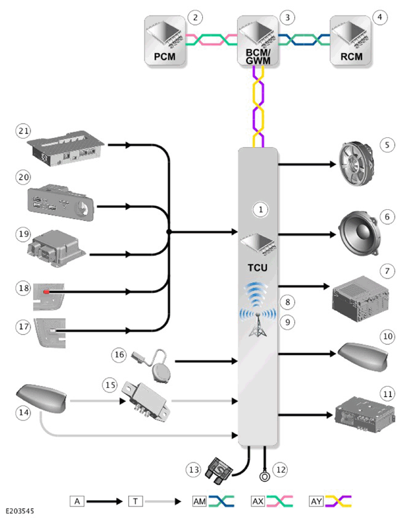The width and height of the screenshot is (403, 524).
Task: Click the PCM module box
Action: coord(165,40)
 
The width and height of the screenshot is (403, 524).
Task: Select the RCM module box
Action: coord(351,40)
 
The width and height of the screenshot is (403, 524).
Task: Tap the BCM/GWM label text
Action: coord(258,56)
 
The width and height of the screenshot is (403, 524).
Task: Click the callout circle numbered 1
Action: coord(260,209)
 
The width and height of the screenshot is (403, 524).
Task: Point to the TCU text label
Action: coord(258,268)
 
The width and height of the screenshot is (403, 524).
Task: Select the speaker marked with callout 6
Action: coord(358,233)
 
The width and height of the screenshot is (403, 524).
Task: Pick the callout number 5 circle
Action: coord(387,145)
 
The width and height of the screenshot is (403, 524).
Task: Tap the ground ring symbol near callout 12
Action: coord(264,476)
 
